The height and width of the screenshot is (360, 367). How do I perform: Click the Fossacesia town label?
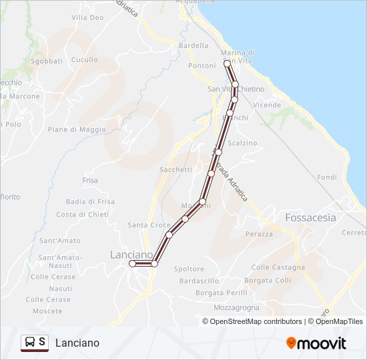tap(310, 217)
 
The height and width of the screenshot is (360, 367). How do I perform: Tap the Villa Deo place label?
tap(87, 17)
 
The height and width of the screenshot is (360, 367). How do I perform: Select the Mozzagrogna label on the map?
tap(236, 308)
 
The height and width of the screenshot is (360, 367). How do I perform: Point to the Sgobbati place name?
tap(46, 61)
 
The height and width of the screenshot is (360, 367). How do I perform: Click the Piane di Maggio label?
tap(77, 129)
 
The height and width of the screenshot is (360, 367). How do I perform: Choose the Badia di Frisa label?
tap(90, 201)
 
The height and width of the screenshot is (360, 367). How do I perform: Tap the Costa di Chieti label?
tap(83, 214)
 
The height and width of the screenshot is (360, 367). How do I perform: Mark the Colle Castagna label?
tap(278, 267)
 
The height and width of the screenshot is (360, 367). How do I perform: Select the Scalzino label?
tap(242, 143)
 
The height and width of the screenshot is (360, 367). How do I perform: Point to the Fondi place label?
tap(328, 177)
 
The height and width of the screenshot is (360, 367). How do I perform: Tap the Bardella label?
tap(194, 45)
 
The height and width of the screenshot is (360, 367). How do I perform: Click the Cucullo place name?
tap(84, 59)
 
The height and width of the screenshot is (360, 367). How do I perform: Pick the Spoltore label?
tap(189, 269)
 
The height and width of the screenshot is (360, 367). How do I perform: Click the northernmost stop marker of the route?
tap(227, 63)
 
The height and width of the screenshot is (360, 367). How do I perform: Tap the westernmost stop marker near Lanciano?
tap(132, 264)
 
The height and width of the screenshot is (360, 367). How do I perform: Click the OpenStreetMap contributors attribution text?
tap(256, 321)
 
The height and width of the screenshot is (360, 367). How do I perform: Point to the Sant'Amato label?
tap(59, 241)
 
